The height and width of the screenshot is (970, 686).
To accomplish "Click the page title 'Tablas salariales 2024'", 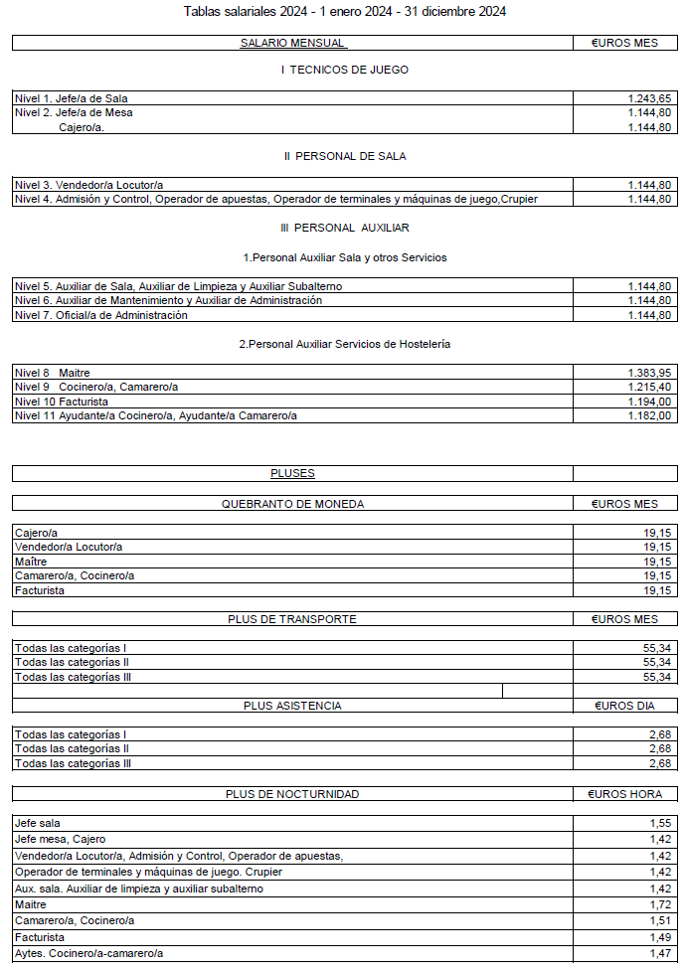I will (x=345, y=12).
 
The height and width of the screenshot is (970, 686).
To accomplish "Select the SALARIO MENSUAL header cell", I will (x=292, y=43).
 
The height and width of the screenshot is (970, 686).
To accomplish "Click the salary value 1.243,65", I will (x=651, y=98).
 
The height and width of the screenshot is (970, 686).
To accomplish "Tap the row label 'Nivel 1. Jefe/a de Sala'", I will (x=71, y=98).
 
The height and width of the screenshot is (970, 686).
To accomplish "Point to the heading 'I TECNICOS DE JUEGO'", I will (x=345, y=70).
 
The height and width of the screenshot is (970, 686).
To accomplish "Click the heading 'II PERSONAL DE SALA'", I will (x=345, y=156).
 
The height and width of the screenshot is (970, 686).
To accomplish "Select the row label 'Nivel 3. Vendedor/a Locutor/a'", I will (x=88, y=185).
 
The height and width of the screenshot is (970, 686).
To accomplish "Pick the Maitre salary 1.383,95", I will (x=651, y=373).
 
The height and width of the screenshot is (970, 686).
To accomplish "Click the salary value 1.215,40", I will (x=651, y=387).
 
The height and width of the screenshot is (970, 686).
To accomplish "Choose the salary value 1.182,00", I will (x=651, y=415).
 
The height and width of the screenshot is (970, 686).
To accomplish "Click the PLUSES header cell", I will (x=292, y=473).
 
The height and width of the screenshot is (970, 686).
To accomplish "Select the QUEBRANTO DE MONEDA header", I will (x=292, y=504).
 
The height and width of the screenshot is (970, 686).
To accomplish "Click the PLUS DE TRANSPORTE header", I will (x=292, y=618).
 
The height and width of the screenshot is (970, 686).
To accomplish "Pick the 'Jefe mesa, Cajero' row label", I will (x=60, y=839).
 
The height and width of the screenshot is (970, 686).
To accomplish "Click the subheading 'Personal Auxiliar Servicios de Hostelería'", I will (x=345, y=343).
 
